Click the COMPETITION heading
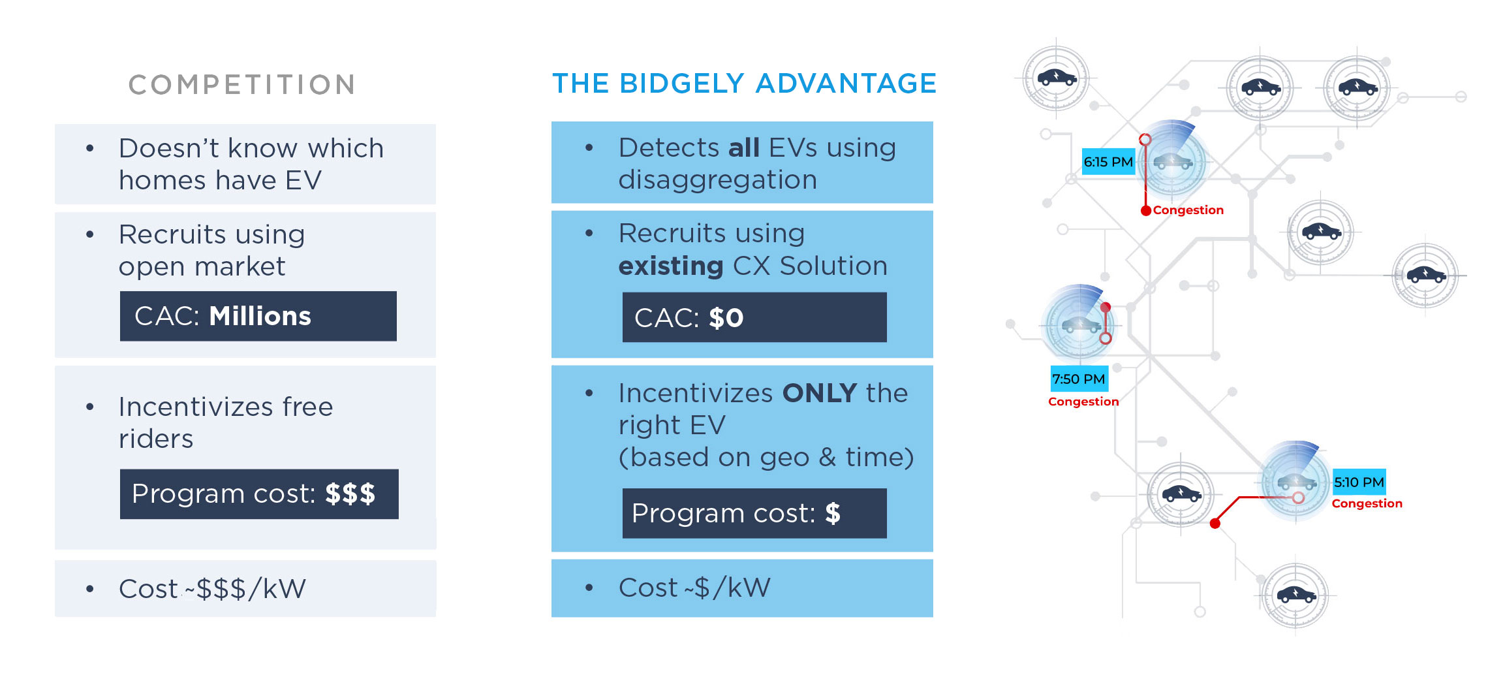point(242,85)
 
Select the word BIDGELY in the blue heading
point(681,84)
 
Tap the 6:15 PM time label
point(1108,162)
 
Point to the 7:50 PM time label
point(1079,379)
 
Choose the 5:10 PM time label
point(1359,482)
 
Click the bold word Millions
point(260,316)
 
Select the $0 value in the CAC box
point(726,318)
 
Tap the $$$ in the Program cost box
point(350,494)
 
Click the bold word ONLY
point(820,393)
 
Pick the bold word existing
point(671,266)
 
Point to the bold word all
point(744,148)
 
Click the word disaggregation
point(718,180)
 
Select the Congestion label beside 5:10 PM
point(1367,503)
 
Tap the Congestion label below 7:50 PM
point(1083,402)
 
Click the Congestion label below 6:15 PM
point(1188,210)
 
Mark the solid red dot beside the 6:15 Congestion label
point(1146,211)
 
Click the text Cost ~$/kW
point(694,588)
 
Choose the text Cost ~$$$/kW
point(212,589)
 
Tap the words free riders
point(226,423)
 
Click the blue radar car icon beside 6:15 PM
point(1173,160)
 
